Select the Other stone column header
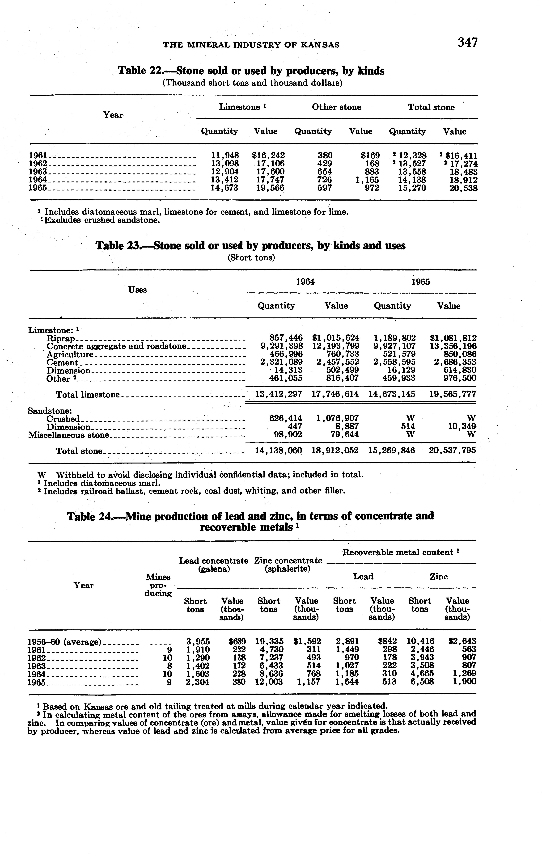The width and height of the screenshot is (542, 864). (336, 107)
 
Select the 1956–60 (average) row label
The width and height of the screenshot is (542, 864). (64, 641)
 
